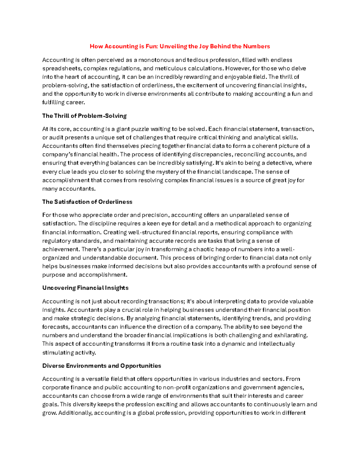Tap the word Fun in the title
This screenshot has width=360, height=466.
tap(151, 46)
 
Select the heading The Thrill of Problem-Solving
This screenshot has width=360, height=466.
tap(84, 116)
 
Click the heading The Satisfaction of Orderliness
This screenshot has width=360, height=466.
tap(87, 202)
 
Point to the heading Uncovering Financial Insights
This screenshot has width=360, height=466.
tap(85, 288)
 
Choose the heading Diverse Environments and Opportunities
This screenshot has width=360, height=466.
tap(101, 365)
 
